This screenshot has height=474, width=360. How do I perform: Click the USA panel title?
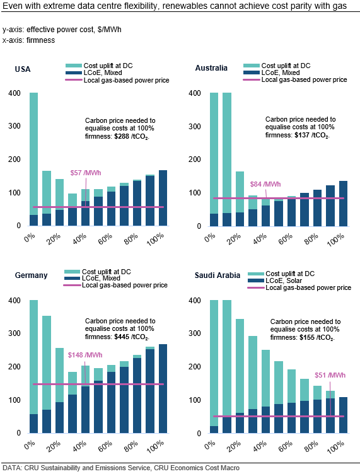[x=23, y=69]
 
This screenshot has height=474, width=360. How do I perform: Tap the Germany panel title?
[x=31, y=275]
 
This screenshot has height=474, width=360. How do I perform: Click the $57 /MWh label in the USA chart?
[x=85, y=173]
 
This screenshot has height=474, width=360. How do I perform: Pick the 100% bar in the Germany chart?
[x=163, y=389]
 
